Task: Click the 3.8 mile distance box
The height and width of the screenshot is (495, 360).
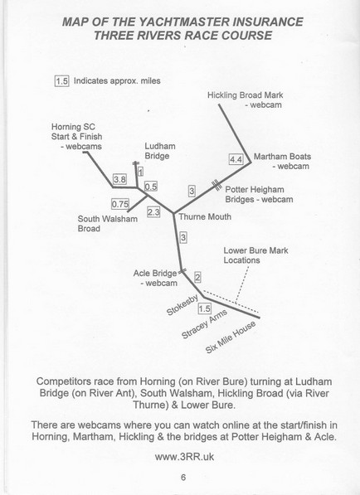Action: [119, 179]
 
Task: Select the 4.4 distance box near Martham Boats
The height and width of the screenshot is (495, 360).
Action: [236, 159]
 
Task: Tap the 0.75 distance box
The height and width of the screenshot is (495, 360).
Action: [120, 202]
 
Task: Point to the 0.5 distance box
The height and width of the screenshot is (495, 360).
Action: [151, 187]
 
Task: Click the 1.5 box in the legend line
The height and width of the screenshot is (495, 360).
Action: [61, 81]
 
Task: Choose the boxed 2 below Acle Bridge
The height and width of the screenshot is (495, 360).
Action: [197, 276]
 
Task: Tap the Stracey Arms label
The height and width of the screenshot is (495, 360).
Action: [203, 327]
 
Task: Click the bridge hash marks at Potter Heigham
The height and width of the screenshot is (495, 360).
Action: [216, 184]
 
